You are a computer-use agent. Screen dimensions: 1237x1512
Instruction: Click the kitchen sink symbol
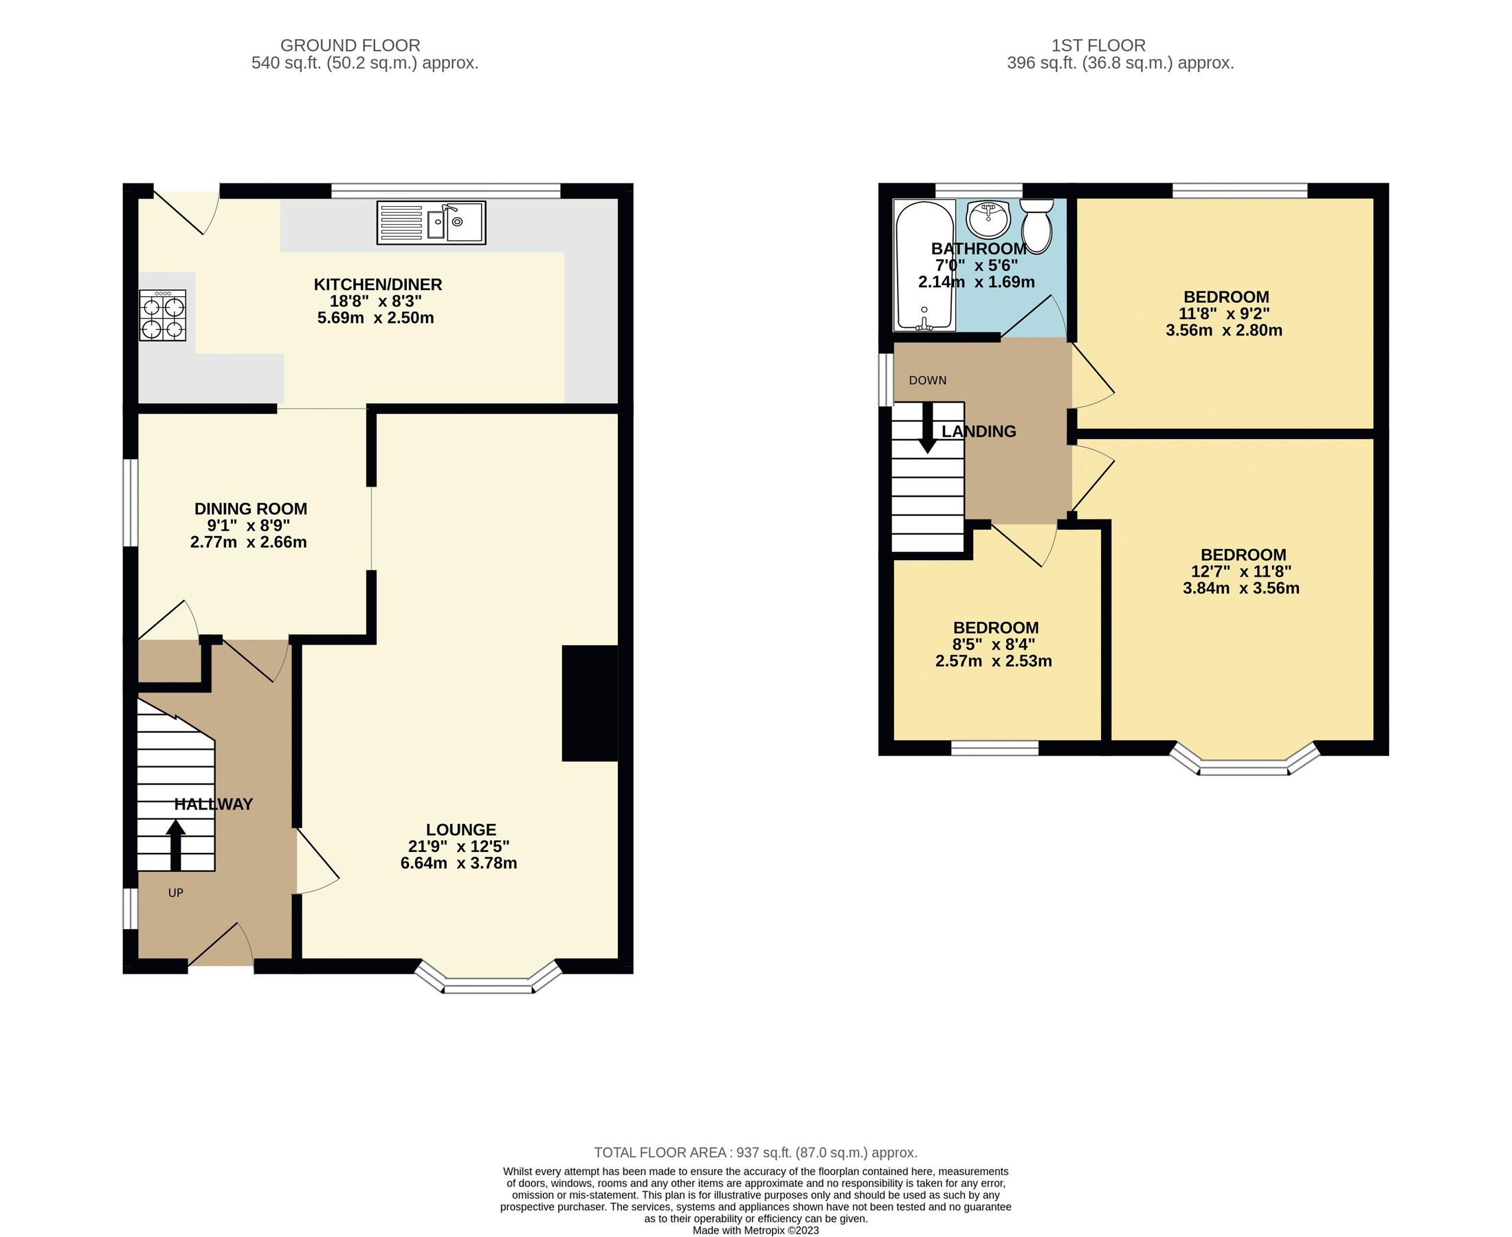431,223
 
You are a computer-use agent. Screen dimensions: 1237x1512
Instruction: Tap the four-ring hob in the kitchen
163,315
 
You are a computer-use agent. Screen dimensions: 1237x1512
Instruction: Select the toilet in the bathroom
1036,226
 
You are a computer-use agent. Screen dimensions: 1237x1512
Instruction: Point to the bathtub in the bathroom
924,265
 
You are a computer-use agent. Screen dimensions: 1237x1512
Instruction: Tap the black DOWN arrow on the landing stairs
927,428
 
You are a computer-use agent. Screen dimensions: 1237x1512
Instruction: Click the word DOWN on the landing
927,381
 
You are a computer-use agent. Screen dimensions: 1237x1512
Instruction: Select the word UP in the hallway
175,892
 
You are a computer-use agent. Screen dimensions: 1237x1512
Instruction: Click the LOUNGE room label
461,829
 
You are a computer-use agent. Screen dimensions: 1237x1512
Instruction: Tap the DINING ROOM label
251,509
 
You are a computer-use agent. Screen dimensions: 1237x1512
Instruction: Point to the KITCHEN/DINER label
377,285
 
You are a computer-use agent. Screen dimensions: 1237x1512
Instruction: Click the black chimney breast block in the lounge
589,703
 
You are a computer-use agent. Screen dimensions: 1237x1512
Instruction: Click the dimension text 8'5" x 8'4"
995,644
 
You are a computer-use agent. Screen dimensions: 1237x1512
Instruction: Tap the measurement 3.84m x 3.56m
1241,588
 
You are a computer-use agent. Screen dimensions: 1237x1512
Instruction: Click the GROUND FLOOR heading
350,45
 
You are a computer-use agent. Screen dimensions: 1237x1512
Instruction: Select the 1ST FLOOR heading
1098,45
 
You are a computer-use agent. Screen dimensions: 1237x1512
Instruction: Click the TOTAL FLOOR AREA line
755,1152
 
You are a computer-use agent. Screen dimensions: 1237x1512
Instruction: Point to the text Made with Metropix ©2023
755,1230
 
